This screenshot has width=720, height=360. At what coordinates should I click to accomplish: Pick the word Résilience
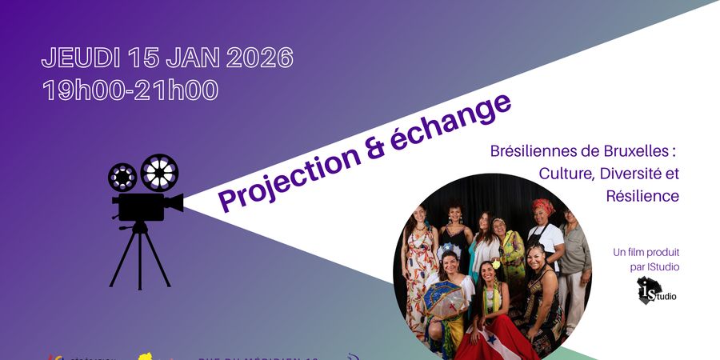642,195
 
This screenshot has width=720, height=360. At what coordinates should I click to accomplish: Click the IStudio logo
655,290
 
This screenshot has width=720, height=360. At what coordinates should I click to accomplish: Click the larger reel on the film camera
159,171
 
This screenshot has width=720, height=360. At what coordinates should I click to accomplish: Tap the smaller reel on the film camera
122,178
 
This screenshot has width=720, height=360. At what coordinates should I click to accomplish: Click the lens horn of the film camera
174,203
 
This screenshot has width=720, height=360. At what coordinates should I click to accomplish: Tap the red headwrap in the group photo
543,206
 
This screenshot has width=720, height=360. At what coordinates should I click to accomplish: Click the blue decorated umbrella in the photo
445,295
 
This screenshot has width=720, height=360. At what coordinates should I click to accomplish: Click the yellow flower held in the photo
496,263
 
